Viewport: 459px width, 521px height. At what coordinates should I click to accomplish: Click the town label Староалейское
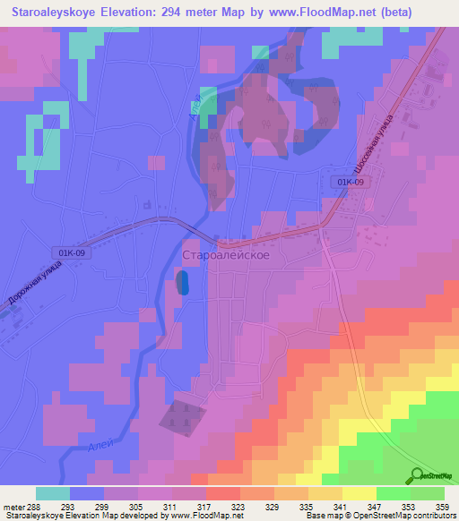pos(226,255)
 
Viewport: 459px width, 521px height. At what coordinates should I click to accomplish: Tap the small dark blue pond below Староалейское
pos(184,283)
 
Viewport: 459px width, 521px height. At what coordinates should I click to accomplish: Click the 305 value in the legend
pos(135,506)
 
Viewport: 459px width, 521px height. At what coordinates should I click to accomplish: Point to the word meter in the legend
pos(13,506)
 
